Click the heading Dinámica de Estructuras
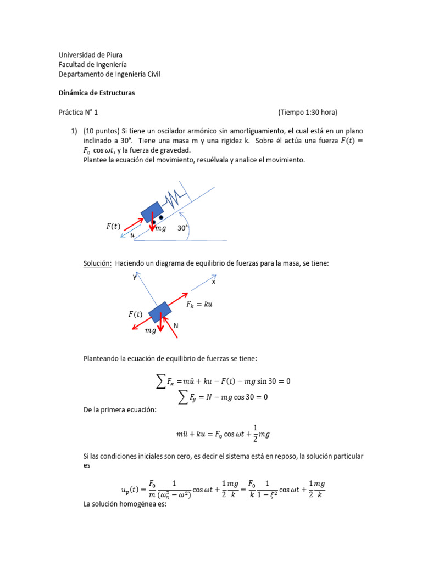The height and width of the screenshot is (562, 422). pyautogui.click(x=97, y=93)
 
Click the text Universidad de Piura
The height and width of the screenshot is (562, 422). pyautogui.click(x=91, y=54)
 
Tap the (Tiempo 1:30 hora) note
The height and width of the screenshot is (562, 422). pyautogui.click(x=308, y=112)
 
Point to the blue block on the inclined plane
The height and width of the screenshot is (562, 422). pyautogui.click(x=152, y=213)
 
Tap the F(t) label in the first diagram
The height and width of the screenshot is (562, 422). pyautogui.click(x=113, y=226)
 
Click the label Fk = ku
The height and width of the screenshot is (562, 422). pyautogui.click(x=199, y=304)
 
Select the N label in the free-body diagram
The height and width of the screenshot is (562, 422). pyautogui.click(x=176, y=325)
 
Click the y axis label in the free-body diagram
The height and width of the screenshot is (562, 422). pyautogui.click(x=134, y=277)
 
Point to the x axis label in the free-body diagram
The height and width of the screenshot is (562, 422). pyautogui.click(x=214, y=282)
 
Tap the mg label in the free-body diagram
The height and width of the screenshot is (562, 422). pyautogui.click(x=151, y=331)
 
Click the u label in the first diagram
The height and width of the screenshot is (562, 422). pyautogui.click(x=132, y=235)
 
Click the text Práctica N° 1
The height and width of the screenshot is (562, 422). pyautogui.click(x=77, y=112)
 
